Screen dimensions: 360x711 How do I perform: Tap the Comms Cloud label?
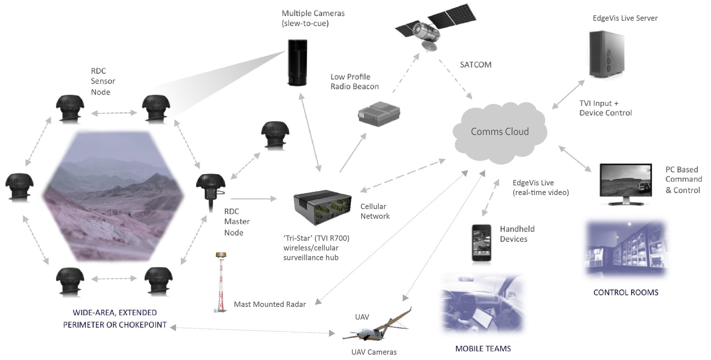pos(500,132)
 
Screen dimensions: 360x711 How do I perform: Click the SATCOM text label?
pos(475,65)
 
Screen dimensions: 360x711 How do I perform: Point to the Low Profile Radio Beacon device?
pos(379,114)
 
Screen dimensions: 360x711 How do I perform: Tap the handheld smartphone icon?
pos(481,243)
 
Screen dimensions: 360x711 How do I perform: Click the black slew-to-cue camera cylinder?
pos(297,62)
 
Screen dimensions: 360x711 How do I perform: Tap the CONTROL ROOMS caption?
pos(626,293)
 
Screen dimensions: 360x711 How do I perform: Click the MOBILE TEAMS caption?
pos(483,349)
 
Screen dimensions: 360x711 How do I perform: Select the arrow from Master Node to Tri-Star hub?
pos(254,199)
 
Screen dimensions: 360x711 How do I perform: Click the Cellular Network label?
pos(375,211)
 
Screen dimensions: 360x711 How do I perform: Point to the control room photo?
pos(626,249)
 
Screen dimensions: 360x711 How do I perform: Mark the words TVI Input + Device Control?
pos(605,108)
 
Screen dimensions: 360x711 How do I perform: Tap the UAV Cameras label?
pos(374,352)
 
